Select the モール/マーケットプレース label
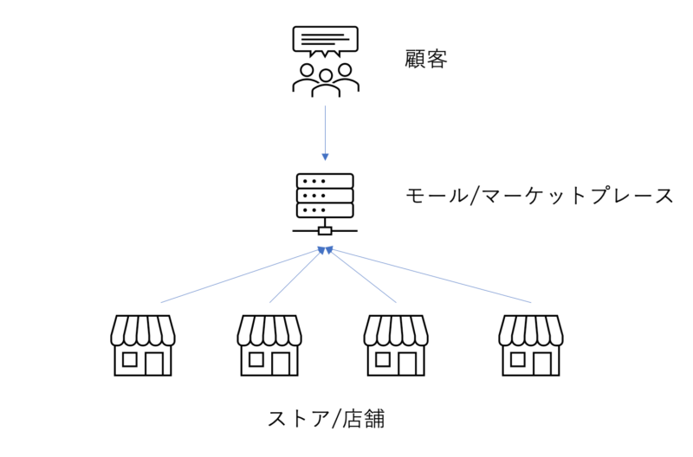[539, 196]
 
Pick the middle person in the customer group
[325, 81]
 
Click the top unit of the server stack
[325, 181]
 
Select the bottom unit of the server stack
[325, 210]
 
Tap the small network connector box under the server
[325, 231]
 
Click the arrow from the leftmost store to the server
[238, 276]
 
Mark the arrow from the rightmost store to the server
[429, 276]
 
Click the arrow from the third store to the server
[360, 276]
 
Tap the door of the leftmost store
[156, 363]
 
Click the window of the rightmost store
[518, 358]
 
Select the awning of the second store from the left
[269, 330]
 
